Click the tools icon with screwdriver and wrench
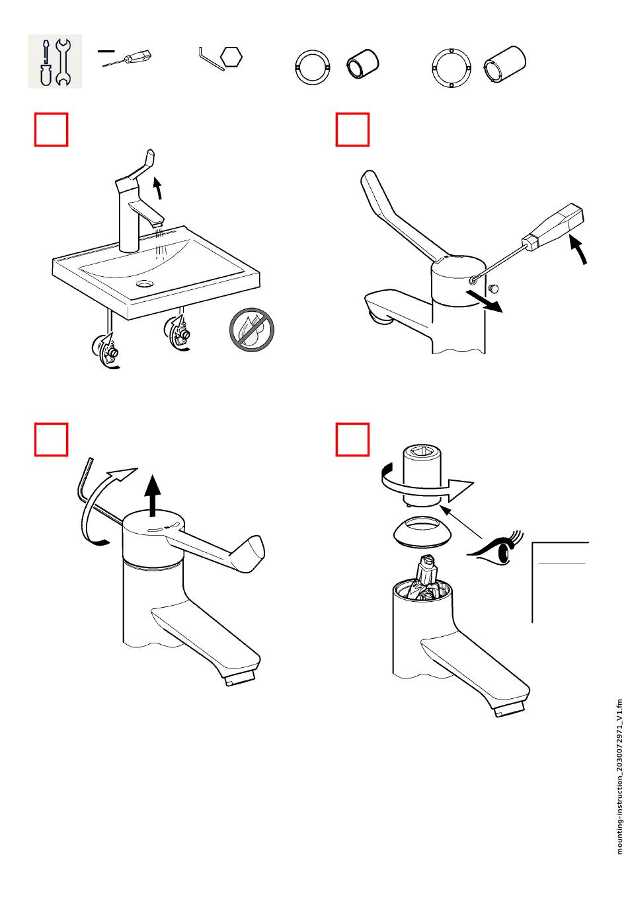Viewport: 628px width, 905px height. (55, 61)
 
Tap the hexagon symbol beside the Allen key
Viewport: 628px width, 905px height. (232, 57)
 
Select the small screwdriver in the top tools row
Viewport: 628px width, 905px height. (126, 58)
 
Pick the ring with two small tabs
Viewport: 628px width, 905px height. (312, 67)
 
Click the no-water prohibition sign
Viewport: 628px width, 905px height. (251, 330)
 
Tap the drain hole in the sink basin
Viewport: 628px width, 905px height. (144, 283)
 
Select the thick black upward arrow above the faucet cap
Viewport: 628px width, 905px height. (153, 495)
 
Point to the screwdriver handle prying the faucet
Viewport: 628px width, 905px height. (553, 227)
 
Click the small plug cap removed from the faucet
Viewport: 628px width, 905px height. (493, 289)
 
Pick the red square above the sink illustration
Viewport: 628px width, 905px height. (51, 129)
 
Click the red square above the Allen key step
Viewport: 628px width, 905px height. (51, 439)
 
